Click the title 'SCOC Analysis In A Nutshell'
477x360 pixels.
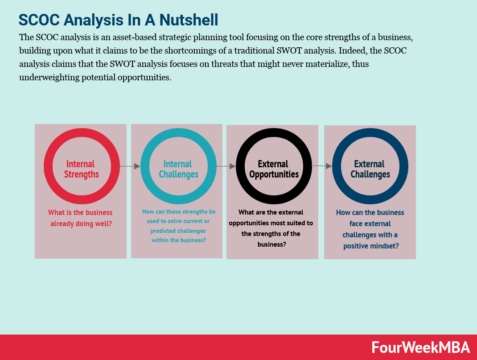(118, 20)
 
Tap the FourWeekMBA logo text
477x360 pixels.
(420, 348)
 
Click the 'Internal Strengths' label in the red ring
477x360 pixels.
(81, 169)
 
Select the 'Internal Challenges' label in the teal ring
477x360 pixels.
(178, 169)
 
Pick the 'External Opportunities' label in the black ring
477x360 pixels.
(274, 169)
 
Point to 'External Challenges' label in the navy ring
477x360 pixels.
(370, 169)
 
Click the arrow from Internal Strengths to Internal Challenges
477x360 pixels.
(130, 166)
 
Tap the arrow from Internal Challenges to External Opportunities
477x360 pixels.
(226, 166)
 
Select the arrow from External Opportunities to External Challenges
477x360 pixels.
(322, 166)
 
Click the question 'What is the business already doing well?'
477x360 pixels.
(81, 218)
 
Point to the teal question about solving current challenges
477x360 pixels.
(178, 226)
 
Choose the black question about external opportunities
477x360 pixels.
(271, 228)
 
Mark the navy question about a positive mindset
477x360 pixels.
(370, 229)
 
